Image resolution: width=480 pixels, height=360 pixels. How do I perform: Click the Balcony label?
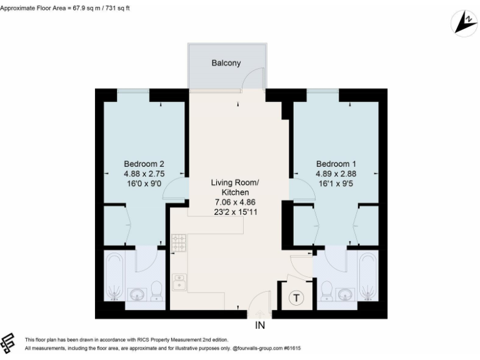pyautogui.click(x=226, y=63)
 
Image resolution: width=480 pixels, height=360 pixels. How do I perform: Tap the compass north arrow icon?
pyautogui.click(x=462, y=23)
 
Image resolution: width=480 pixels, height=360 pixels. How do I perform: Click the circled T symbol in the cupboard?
pyautogui.click(x=297, y=299)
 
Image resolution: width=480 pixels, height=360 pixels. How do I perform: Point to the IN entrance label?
pyautogui.click(x=260, y=326)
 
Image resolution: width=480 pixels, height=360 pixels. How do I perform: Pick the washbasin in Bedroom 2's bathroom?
pyautogui.click(x=138, y=294)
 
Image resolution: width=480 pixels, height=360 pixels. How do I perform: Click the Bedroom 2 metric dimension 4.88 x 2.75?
pyautogui.click(x=144, y=174)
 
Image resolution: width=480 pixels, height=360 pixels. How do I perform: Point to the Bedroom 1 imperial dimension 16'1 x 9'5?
pyautogui.click(x=337, y=184)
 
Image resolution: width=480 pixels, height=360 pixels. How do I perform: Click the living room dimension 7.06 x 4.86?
pyautogui.click(x=234, y=202)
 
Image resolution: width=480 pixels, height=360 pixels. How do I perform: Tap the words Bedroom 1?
pyautogui.click(x=337, y=164)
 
